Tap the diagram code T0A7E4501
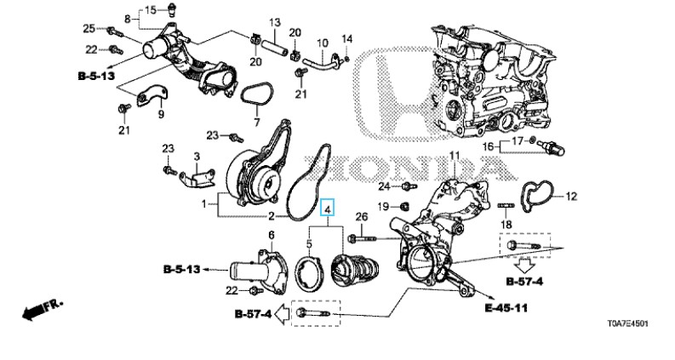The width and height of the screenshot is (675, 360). click(x=626, y=324)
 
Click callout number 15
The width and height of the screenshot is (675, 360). click(x=150, y=10)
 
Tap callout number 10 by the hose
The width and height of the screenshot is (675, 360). click(x=322, y=43)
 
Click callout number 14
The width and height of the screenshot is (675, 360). click(x=346, y=38)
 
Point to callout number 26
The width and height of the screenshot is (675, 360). click(x=363, y=219)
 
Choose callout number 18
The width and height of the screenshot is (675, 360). click(x=506, y=225)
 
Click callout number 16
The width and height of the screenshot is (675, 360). click(x=488, y=146)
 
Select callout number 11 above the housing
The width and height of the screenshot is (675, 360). click(x=454, y=156)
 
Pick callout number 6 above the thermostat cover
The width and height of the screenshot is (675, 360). click(x=272, y=235)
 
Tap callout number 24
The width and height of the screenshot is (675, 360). click(x=384, y=186)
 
